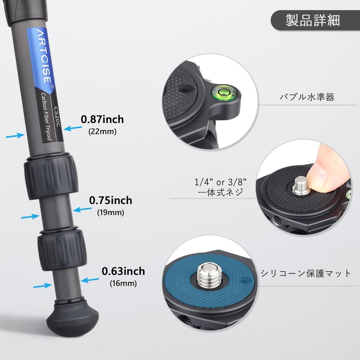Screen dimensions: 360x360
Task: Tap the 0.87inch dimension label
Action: point(102,120)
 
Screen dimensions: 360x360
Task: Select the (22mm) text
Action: point(102,131)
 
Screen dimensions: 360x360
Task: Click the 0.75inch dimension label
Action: point(110,200)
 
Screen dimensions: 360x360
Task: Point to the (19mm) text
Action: point(110,212)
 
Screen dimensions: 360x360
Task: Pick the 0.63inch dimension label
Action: point(123,271)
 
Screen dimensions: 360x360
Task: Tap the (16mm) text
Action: point(123,283)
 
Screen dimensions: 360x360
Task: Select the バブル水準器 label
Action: point(307,97)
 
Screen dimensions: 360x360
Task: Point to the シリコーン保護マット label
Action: point(306,273)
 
